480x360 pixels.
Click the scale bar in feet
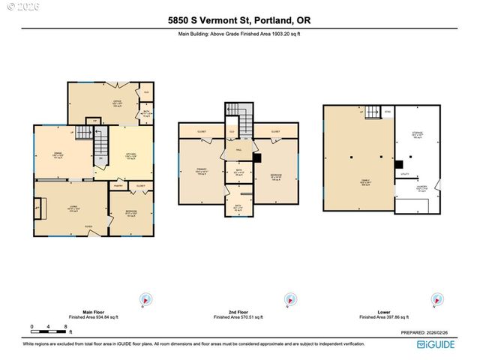coord(48,329)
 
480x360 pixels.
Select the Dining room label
coord(58,156)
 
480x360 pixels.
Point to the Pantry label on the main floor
coord(118,184)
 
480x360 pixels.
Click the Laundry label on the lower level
coord(421,187)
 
